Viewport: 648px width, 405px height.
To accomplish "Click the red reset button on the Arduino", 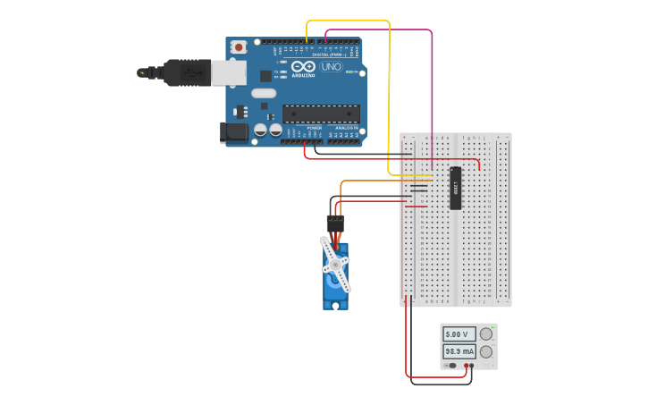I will tap(239, 47).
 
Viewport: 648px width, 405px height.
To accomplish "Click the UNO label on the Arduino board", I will tap(330, 67).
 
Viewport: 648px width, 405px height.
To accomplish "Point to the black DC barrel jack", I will tap(234, 132).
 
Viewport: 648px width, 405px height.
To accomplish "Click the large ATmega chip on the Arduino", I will tap(321, 114).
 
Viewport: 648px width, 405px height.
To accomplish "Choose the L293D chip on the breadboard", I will tap(455, 188).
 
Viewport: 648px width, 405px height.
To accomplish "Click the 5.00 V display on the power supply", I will tap(459, 334).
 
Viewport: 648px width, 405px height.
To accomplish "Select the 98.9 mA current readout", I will tap(459, 351).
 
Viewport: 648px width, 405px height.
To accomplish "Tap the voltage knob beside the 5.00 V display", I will tap(486, 334).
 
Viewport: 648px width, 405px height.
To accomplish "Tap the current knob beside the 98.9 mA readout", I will tap(486, 351).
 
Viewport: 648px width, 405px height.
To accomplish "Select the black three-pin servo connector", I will tap(334, 224).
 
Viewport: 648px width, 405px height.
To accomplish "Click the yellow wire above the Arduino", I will tap(349, 20).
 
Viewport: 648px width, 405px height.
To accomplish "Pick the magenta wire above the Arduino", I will tap(375, 30).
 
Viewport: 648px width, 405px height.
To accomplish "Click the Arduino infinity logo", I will tap(303, 67).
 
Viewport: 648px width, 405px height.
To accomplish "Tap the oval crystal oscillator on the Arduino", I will tap(264, 93).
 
